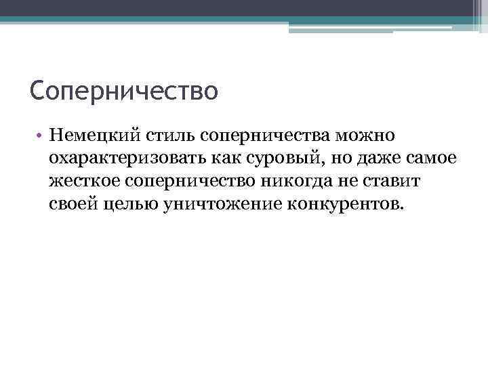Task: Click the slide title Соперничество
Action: (124, 89)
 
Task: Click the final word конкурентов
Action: (344, 204)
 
